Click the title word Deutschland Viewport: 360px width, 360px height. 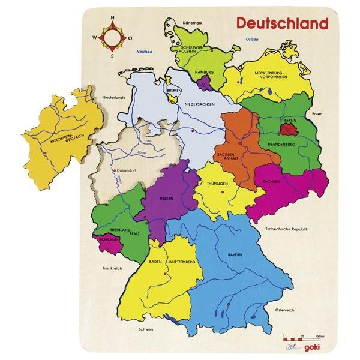(282, 23)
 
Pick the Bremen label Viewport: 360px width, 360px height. (174, 91)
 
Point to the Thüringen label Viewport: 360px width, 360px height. (215, 184)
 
